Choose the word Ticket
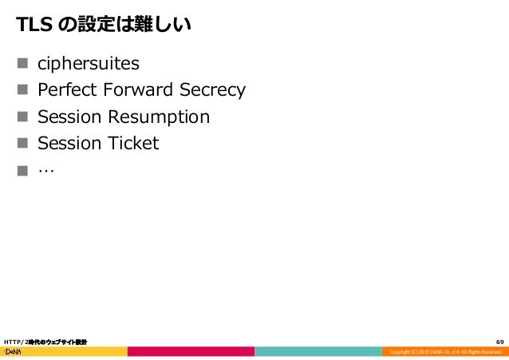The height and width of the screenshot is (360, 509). [x=131, y=144]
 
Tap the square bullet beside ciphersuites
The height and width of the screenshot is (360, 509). [x=22, y=64]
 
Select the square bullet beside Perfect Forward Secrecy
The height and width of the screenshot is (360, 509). [x=22, y=90]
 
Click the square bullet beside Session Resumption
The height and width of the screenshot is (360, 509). [x=22, y=117]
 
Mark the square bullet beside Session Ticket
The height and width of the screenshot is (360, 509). [x=22, y=144]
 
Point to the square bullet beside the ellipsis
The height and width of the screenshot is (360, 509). [x=22, y=171]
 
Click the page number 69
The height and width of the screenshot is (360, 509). [x=499, y=342]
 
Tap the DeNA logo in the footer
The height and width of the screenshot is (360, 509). [x=13, y=351]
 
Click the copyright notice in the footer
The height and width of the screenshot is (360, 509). [x=446, y=352]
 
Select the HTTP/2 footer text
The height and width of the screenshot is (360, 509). [x=45, y=342]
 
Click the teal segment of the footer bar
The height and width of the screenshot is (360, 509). [x=318, y=351]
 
